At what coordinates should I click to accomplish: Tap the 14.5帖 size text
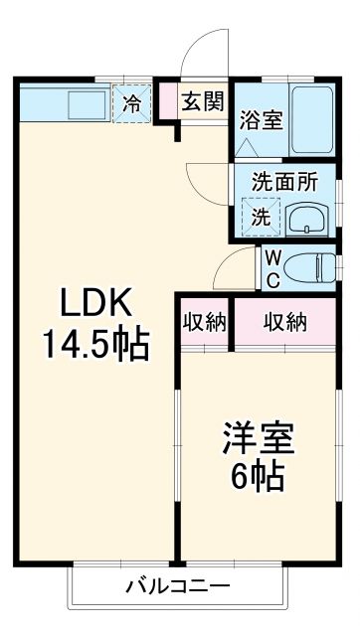pyautogui.click(x=94, y=345)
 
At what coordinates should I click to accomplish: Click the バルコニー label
pyautogui.click(x=178, y=586)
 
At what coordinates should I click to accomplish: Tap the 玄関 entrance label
pyautogui.click(x=206, y=101)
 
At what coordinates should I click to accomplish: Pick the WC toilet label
pyautogui.click(x=270, y=266)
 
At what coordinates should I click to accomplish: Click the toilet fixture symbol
pyautogui.click(x=315, y=266)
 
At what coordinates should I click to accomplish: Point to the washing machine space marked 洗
pyautogui.click(x=260, y=217)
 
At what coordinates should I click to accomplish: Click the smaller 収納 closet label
pyautogui.click(x=205, y=321)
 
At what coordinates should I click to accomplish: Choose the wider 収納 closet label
pyautogui.click(x=285, y=321)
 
